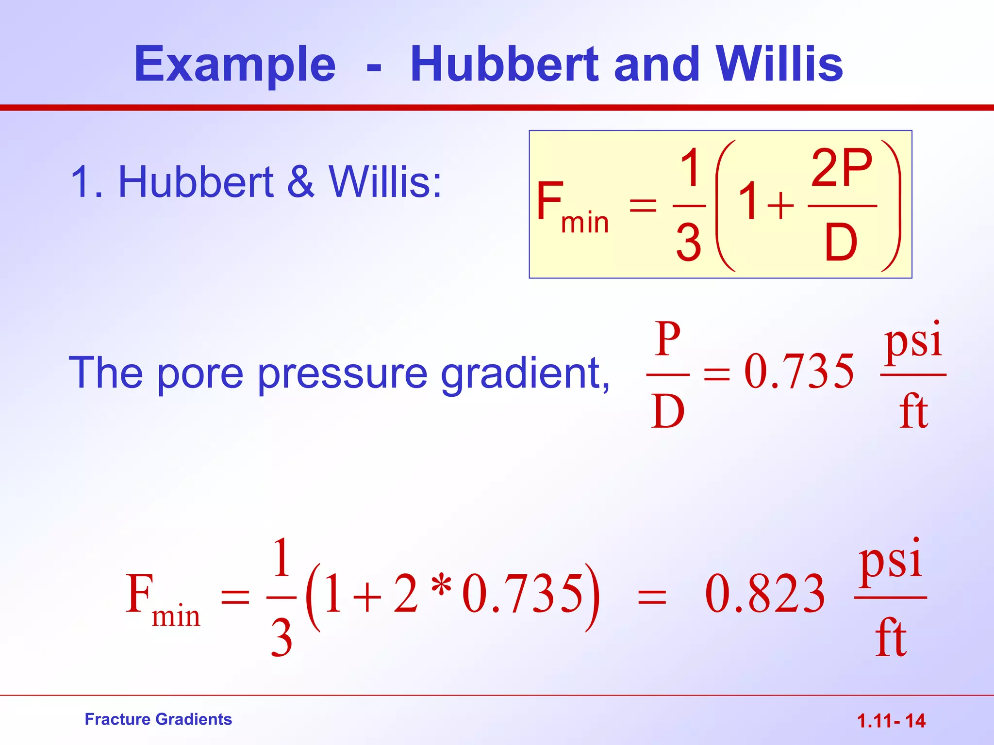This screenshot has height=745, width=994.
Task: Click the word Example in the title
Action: tap(235, 65)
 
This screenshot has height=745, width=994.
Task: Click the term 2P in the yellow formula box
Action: tap(842, 168)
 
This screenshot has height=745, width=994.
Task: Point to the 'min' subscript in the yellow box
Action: tap(585, 223)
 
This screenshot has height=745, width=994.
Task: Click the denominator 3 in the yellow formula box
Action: tap(689, 243)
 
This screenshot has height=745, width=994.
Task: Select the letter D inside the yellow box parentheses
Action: tap(841, 243)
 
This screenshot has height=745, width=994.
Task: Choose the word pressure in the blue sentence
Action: tap(342, 373)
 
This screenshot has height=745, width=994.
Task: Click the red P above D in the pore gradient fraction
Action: tap(668, 339)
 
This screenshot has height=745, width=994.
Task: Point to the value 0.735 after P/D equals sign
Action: tap(799, 372)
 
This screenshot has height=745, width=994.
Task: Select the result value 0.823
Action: tap(765, 594)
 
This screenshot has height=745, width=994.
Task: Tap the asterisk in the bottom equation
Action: tap(441, 587)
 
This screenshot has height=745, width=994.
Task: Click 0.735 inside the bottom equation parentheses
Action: tap(523, 594)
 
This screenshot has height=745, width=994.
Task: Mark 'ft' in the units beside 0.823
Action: tap(891, 637)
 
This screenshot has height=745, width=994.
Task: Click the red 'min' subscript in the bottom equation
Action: tap(176, 617)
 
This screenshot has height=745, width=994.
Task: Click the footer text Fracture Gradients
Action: tap(158, 719)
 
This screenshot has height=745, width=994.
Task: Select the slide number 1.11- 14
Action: tap(891, 721)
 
